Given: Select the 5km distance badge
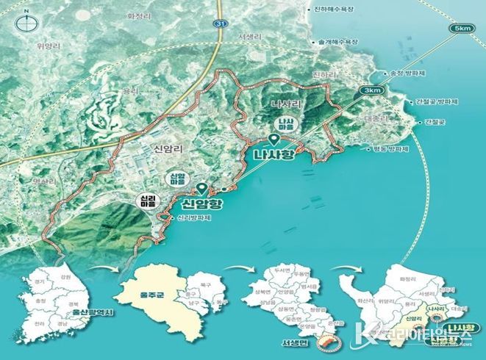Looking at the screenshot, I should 462,28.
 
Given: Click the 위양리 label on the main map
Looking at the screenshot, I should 46,44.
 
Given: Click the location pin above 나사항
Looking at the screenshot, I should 273,140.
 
